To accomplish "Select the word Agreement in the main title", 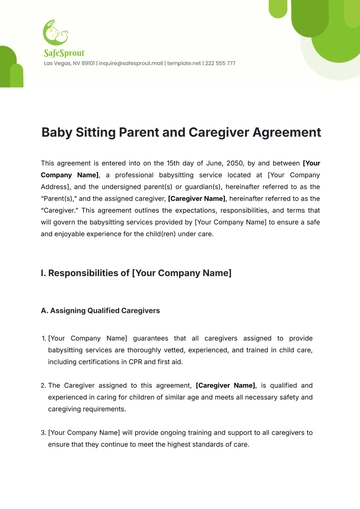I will [285, 132].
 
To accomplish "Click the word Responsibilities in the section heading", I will [93, 273].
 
